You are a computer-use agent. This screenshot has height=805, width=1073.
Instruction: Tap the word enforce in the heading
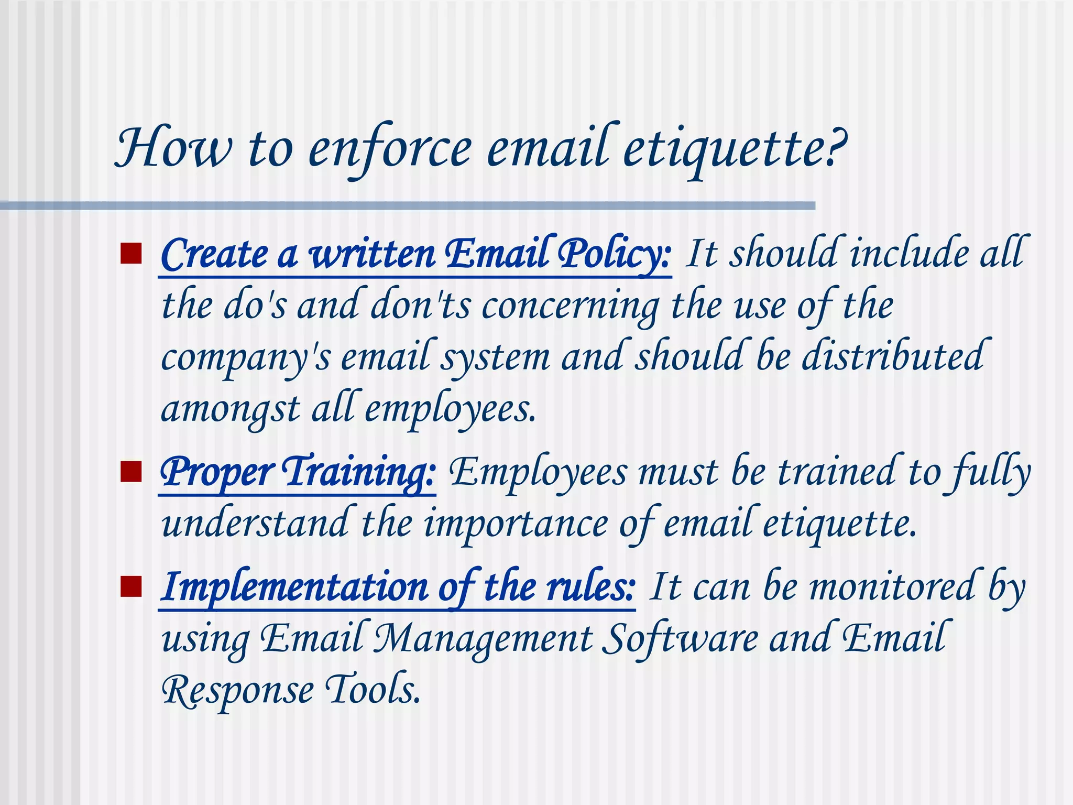390,149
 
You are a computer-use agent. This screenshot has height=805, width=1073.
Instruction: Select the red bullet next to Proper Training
131,471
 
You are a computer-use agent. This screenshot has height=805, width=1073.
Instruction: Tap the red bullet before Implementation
131,586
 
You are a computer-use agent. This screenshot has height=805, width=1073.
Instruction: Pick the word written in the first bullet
373,254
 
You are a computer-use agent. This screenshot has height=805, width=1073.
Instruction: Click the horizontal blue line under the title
409,206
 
